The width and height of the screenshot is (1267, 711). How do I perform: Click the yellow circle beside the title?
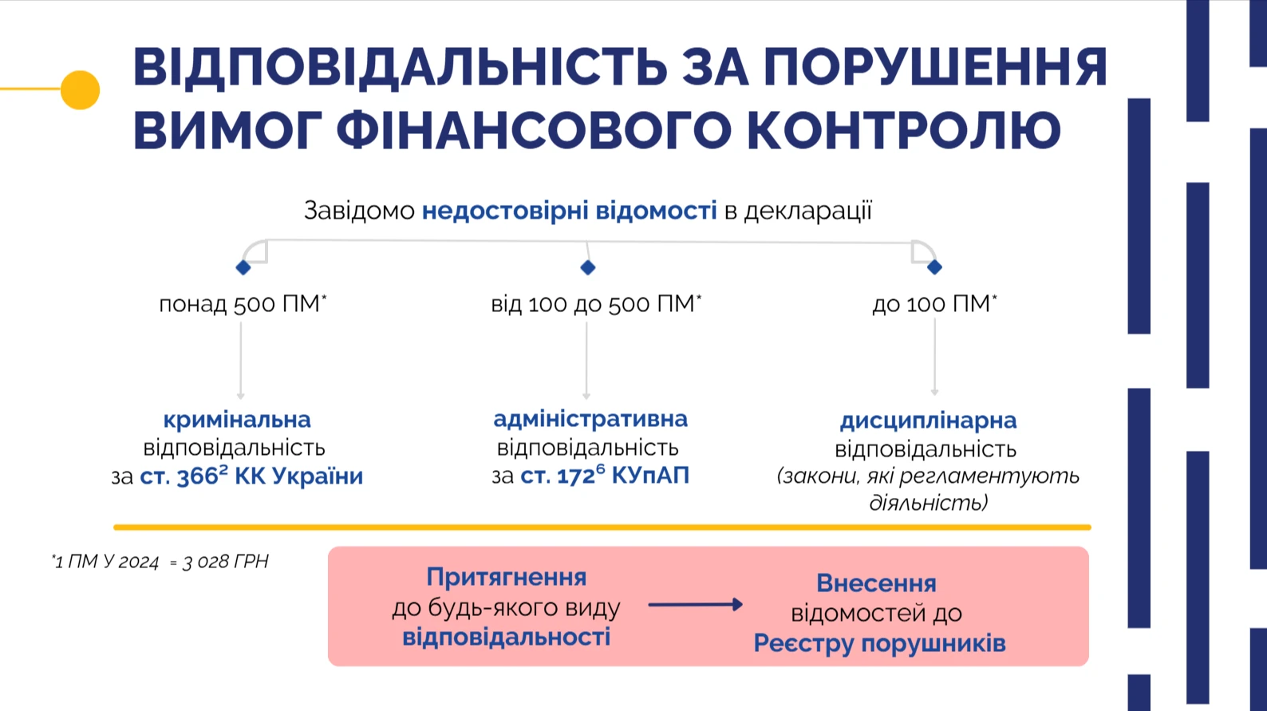point(80,89)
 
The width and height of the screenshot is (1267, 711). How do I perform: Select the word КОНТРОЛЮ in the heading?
point(903,130)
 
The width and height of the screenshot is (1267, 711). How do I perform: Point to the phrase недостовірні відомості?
point(569,211)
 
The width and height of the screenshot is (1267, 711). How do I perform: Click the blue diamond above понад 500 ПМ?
point(243,267)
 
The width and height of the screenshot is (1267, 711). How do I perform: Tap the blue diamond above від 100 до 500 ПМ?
point(588,267)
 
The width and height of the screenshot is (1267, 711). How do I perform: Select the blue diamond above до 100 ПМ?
point(934,267)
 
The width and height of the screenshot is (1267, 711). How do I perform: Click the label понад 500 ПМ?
point(243,304)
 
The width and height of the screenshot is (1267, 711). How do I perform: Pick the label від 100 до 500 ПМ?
point(595,304)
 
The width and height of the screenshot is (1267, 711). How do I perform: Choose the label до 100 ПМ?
point(933,304)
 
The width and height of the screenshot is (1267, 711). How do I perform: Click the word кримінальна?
point(237,420)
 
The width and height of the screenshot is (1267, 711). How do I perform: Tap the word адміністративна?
point(590,419)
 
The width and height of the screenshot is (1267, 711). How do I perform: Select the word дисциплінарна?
point(928,421)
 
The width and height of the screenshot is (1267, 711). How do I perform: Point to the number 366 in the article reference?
point(197,477)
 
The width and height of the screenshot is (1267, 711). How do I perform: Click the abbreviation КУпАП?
point(650,476)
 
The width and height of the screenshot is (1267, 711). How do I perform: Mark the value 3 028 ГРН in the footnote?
point(226,562)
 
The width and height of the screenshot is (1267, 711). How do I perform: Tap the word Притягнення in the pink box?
point(507,577)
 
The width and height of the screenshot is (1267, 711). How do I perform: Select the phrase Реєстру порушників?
point(879,643)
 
